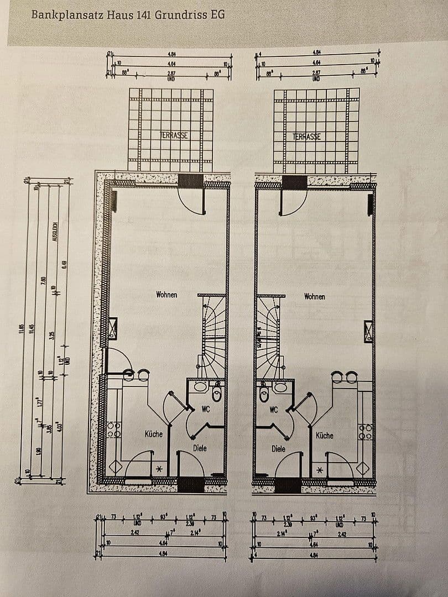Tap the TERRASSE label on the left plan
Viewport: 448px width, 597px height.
pos(173,135)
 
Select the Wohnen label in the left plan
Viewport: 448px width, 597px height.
pos(166,295)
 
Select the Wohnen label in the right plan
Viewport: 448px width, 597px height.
pos(315,297)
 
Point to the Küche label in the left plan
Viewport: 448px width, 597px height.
pos(154,434)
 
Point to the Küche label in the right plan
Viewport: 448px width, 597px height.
pos(325,436)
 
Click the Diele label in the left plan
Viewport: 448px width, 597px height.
pos(200,448)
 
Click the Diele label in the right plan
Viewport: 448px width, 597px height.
pos(279,449)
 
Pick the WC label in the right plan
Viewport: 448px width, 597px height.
pos(274,410)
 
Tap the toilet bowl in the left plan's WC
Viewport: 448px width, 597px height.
pos(216,395)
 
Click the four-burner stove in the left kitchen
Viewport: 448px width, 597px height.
pos(114,430)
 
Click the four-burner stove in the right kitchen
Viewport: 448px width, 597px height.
pos(365,431)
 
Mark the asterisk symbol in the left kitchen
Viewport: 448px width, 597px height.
pos(159,469)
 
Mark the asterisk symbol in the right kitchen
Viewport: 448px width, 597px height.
pos(320,470)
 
